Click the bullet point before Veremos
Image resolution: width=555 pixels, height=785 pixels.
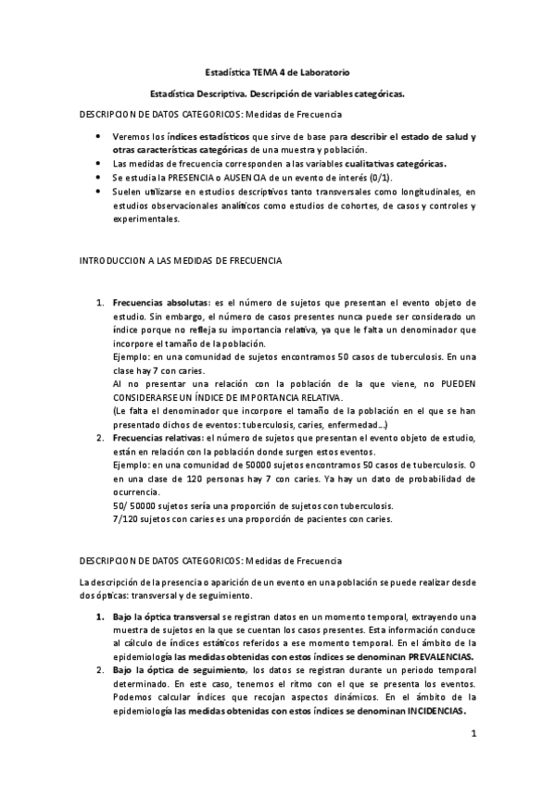[99, 136]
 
